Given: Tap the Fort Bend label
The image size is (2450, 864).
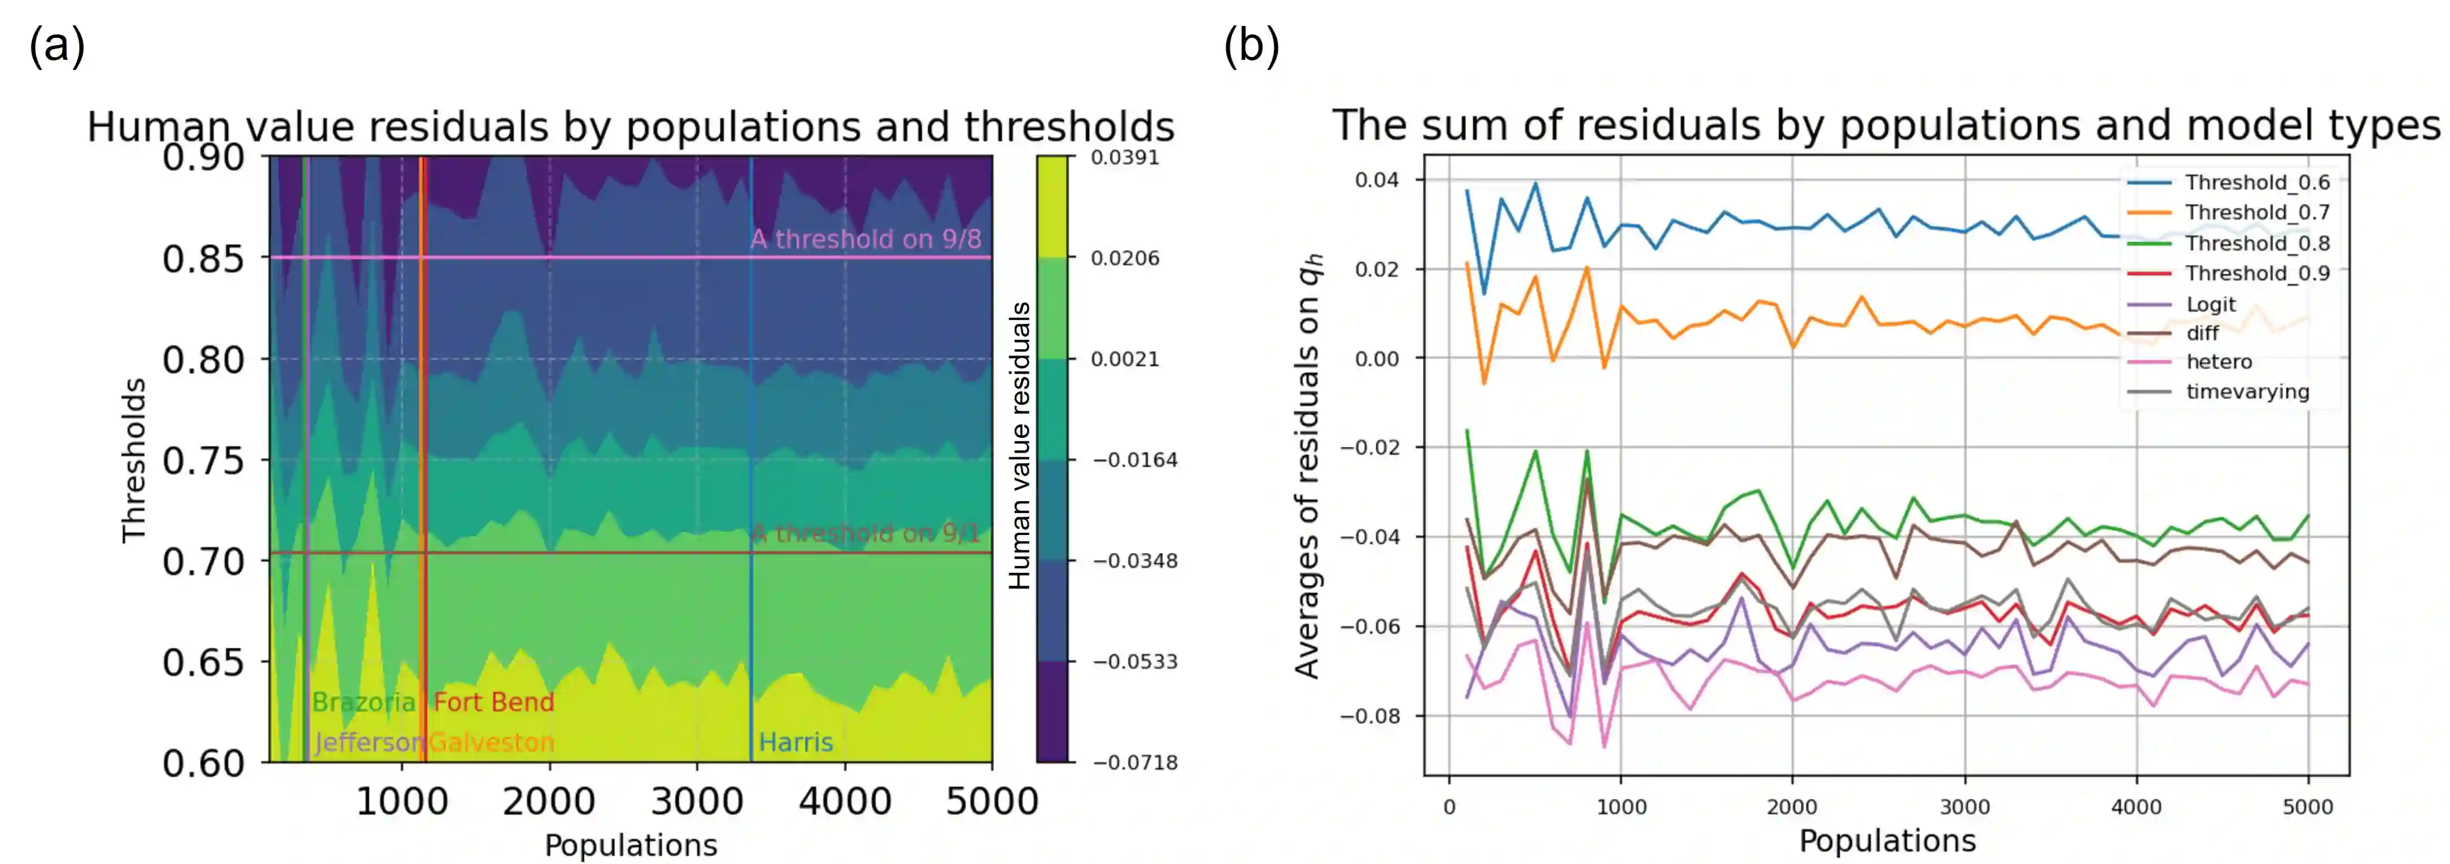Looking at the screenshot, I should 493,703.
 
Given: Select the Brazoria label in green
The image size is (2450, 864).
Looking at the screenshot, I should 363,703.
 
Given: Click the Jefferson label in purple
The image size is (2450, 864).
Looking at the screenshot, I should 369,742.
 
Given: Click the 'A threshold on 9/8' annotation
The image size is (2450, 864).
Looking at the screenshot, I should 866,239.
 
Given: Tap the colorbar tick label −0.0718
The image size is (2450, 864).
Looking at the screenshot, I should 1134,762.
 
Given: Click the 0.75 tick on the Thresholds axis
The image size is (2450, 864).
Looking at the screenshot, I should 203,461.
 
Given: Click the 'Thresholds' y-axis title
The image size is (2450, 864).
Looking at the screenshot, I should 133,461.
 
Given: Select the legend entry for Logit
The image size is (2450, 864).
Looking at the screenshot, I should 2211,304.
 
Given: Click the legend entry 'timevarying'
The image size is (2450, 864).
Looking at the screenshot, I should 2247,392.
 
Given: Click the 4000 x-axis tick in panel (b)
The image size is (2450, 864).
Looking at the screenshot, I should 2136,807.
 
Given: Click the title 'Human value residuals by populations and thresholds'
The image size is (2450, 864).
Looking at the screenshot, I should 631,126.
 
